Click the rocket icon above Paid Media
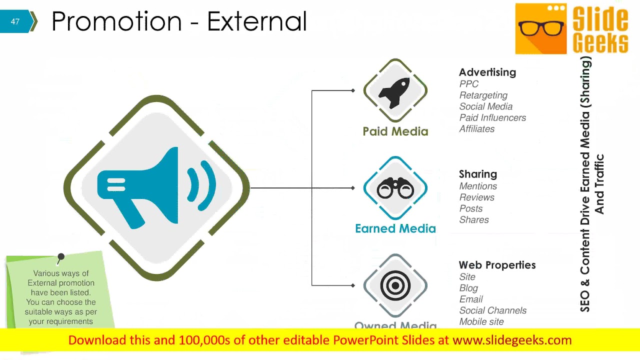pyautogui.click(x=394, y=91)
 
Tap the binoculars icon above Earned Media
pyautogui.click(x=395, y=188)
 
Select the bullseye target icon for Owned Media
pyautogui.click(x=395, y=285)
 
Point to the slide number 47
pyautogui.click(x=15, y=21)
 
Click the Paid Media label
pyautogui.click(x=395, y=131)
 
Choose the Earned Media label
pyautogui.click(x=395, y=228)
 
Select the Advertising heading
pyautogui.click(x=487, y=72)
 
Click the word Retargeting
pyautogui.click(x=483, y=95)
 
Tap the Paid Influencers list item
pyautogui.click(x=492, y=117)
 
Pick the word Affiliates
pyautogui.click(x=476, y=128)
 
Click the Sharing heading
pyautogui.click(x=477, y=174)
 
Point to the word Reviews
pyautogui.click(x=476, y=197)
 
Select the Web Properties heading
pyautogui.click(x=497, y=265)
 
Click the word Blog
pyautogui.click(x=468, y=288)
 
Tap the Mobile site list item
pyautogui.click(x=481, y=321)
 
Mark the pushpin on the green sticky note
pyautogui.click(x=60, y=257)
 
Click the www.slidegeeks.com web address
pyautogui.click(x=511, y=340)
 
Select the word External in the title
pyautogui.click(x=256, y=21)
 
